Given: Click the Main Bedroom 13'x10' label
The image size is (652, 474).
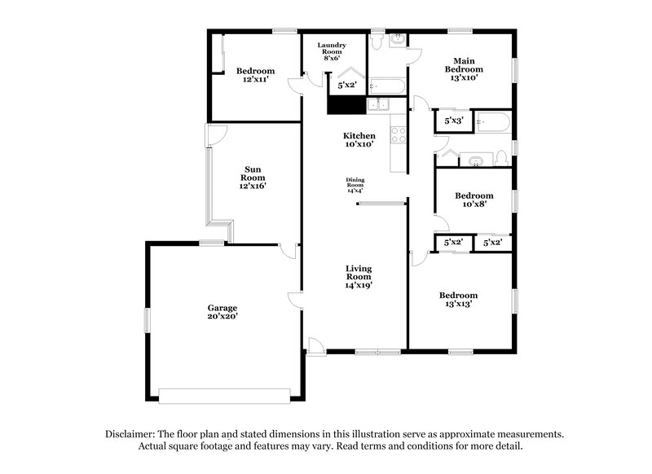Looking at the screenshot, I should point(464,69).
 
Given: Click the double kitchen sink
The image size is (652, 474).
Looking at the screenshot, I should point(378,104).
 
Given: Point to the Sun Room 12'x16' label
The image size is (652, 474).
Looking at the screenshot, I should point(253,178).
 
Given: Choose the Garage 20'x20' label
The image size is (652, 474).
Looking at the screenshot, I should point(222,312).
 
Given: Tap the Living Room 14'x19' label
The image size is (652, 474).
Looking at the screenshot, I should point(359,277).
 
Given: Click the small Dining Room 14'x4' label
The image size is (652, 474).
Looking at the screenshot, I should point(355,183).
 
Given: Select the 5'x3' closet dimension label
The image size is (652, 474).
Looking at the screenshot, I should point(454,121).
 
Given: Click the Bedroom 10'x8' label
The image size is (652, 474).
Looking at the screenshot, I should point(474,200).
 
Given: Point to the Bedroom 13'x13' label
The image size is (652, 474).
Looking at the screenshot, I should point(458,299).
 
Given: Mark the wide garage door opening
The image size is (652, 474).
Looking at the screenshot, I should point(224,396).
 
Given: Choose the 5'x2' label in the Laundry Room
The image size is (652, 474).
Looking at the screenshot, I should point(348,85).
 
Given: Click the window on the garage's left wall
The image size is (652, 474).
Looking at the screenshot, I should point(148,319).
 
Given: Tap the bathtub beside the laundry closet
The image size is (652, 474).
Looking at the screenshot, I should point(386,85).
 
